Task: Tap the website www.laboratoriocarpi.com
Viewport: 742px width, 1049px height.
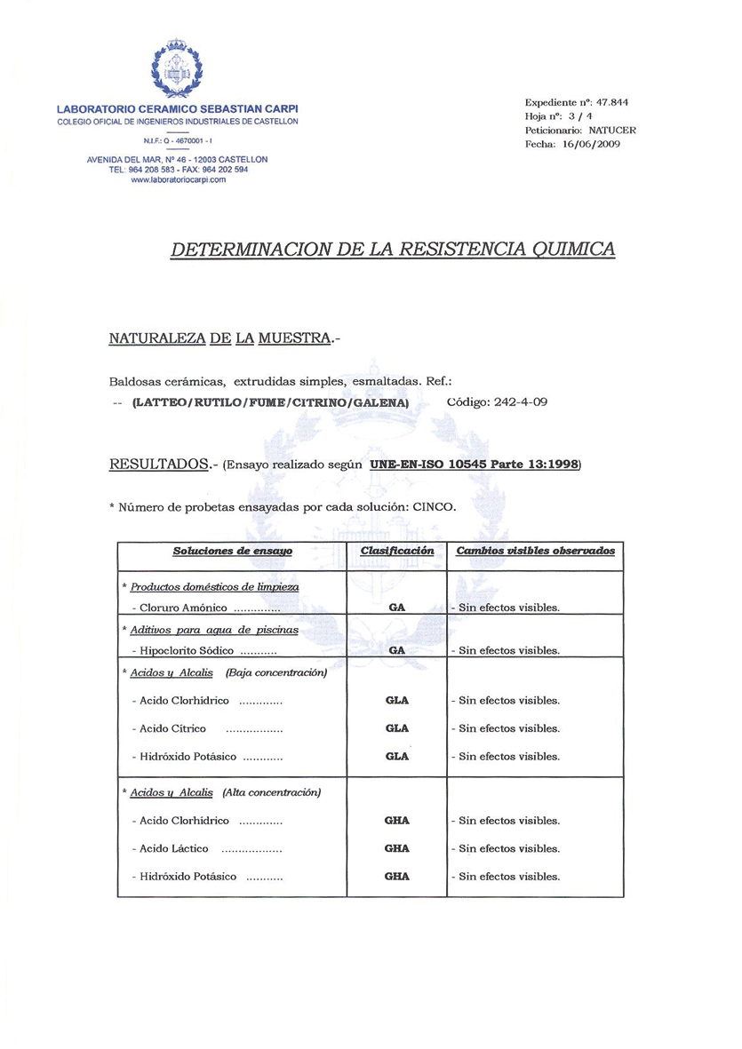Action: pos(178,179)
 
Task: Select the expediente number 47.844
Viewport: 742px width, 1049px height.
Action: pos(612,102)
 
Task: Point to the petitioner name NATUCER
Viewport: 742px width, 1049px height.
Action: pos(612,130)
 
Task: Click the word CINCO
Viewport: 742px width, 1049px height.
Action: pos(435,507)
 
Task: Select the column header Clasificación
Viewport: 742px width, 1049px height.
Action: pos(397,551)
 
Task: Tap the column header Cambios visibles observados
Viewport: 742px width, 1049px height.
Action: pos(535,551)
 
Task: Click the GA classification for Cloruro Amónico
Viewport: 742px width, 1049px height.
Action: pos(397,608)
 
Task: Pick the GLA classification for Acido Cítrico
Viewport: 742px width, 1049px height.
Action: pos(397,728)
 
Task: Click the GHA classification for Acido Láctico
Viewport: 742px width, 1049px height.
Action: pos(397,848)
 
